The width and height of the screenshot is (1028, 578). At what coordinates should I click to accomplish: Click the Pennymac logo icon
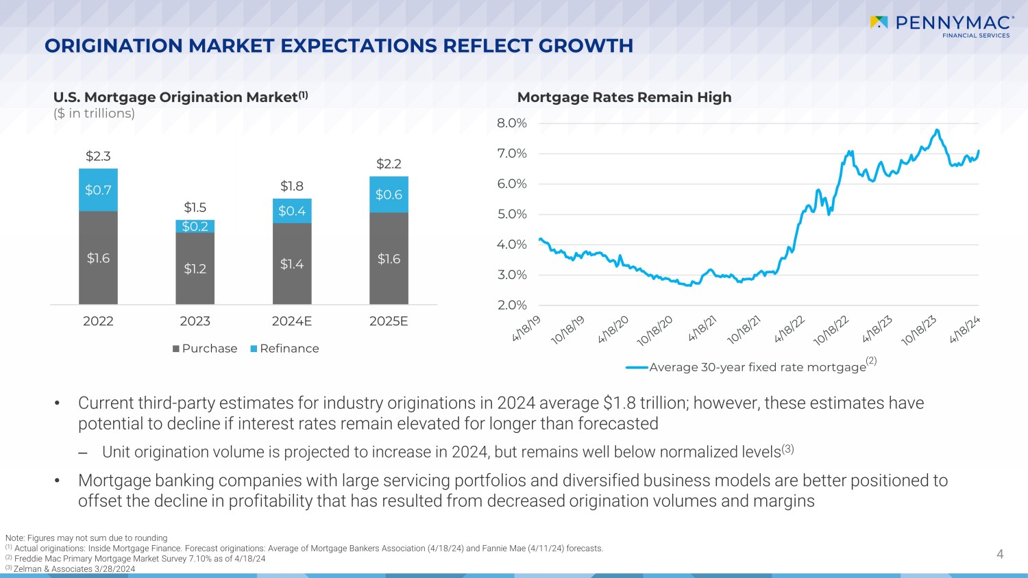[879, 23]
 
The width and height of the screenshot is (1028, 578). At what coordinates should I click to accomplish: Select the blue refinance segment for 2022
[98, 190]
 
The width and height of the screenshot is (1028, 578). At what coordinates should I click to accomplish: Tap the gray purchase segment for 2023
[195, 268]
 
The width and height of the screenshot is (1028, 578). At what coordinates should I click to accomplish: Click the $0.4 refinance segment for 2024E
[292, 211]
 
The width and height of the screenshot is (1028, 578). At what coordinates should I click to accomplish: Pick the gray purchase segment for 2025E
[389, 259]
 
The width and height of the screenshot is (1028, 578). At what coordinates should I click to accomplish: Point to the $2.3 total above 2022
[98, 156]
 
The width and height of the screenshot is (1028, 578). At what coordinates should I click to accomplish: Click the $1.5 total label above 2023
[195, 208]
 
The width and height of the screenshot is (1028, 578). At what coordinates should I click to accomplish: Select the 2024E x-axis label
[292, 321]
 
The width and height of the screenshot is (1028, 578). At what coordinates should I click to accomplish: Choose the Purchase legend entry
[205, 349]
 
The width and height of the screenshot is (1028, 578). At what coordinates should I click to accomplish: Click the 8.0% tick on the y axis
[512, 123]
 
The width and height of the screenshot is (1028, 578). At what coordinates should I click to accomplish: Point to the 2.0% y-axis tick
[512, 305]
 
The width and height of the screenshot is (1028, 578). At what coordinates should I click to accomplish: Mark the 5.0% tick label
[512, 214]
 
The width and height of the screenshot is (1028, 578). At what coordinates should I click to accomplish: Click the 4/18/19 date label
[526, 329]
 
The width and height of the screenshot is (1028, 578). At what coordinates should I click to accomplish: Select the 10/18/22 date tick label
[831, 330]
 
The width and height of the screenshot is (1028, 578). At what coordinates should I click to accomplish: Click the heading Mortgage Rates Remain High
[624, 97]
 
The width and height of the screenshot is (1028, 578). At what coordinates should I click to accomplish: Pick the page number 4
[1000, 554]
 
